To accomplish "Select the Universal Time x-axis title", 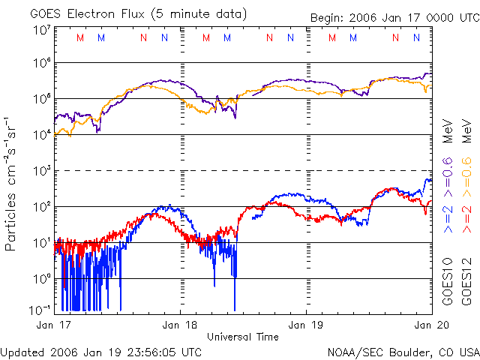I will tap(243, 337).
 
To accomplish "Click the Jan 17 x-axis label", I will tap(52, 325).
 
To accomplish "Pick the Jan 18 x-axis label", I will tap(180, 325).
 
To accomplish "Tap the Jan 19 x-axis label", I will tap(306, 325).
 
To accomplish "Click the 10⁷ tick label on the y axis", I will tap(41, 30).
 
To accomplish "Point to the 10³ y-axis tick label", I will tap(41, 171).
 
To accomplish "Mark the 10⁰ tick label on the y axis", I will tap(41, 278).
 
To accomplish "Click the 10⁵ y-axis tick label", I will tap(41, 99).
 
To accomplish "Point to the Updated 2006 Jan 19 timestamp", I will tap(101, 351).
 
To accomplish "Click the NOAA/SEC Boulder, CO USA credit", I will tap(403, 351).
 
